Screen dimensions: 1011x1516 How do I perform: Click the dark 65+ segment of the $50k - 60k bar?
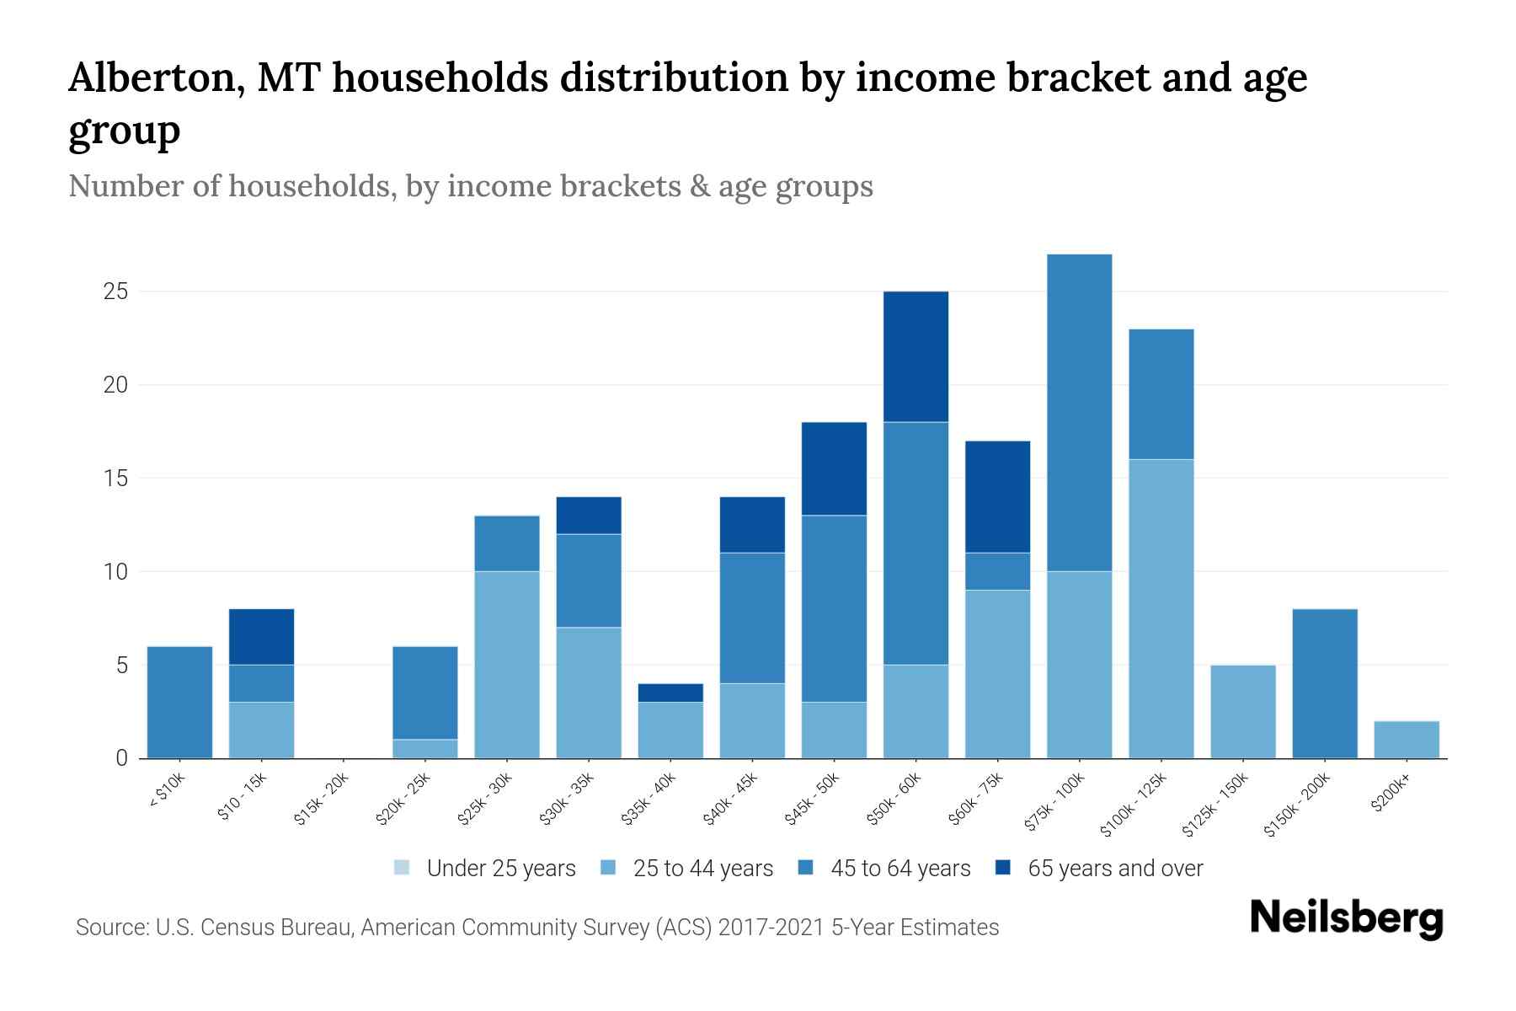point(915,356)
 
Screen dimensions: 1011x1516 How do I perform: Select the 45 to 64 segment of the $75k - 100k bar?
point(1079,413)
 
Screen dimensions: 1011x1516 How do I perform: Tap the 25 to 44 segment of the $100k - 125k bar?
point(1161,608)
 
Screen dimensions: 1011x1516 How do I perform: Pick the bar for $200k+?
point(1406,740)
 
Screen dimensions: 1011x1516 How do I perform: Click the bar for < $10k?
point(179,702)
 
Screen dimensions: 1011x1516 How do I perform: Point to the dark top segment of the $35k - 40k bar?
point(670,693)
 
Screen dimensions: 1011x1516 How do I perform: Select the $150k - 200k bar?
point(1324,683)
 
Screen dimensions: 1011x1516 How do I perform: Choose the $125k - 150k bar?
point(1242,712)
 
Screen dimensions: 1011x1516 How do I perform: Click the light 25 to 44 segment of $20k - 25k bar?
point(425,748)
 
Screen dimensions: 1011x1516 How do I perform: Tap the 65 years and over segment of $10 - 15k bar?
point(261,637)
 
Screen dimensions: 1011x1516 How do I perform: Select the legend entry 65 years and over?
point(1114,869)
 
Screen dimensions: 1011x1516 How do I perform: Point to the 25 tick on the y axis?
point(115,292)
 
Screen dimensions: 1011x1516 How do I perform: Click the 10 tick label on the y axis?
point(115,572)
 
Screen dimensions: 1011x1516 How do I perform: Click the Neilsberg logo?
point(1346,918)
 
